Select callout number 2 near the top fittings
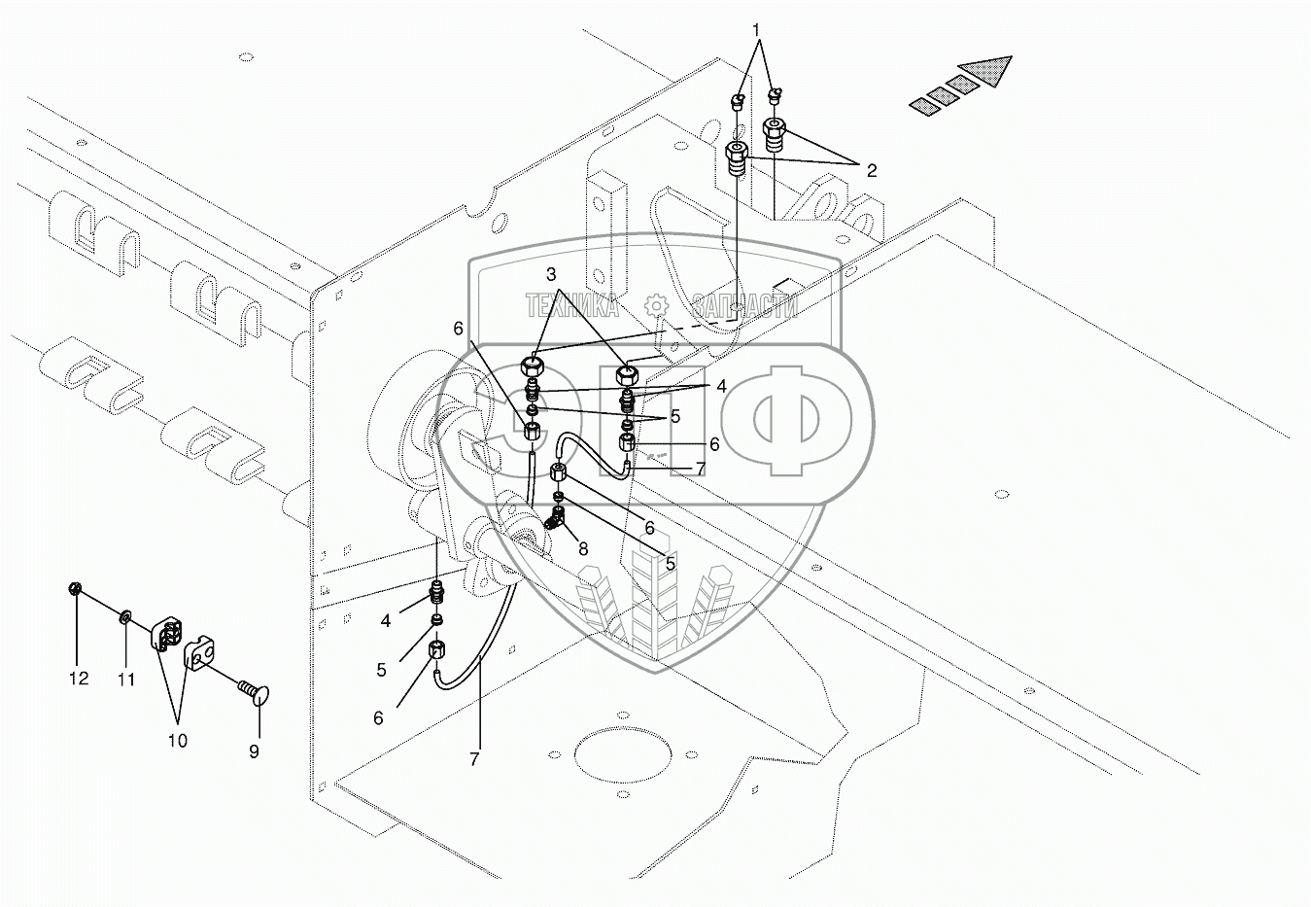click(872, 171)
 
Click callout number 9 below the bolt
click(254, 751)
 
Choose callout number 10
click(177, 741)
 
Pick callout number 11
click(127, 680)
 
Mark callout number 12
click(79, 678)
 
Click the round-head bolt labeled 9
click(252, 691)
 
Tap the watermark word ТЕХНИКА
click(572, 307)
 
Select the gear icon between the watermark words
click(658, 305)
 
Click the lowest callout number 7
click(474, 760)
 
